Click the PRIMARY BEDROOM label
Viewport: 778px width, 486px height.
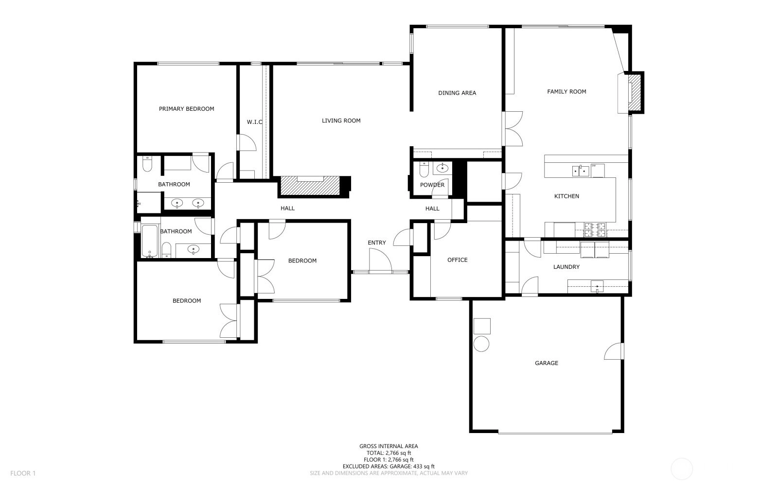[x=187, y=109]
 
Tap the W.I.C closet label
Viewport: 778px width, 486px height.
[x=255, y=122]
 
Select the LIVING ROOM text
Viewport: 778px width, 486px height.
[x=341, y=121]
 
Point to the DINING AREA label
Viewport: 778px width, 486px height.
[x=457, y=93]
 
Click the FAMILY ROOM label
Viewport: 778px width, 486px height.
[x=566, y=92]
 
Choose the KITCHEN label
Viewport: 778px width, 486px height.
[x=566, y=196]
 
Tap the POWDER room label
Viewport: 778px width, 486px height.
[x=432, y=185]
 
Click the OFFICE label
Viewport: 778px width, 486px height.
[x=458, y=260]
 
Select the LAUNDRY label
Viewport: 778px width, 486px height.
[x=566, y=267]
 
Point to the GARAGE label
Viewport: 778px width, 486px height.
[x=547, y=363]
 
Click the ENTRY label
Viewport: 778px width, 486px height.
[x=377, y=243]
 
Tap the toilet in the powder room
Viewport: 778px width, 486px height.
[x=424, y=169]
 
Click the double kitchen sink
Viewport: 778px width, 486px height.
[x=581, y=171]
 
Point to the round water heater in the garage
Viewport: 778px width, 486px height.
[x=481, y=344]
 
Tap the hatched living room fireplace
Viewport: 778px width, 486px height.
[x=309, y=186]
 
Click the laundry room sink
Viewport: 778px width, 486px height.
[x=597, y=286]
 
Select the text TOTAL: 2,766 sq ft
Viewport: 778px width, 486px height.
[x=389, y=453]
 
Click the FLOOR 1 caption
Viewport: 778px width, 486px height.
[x=23, y=473]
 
